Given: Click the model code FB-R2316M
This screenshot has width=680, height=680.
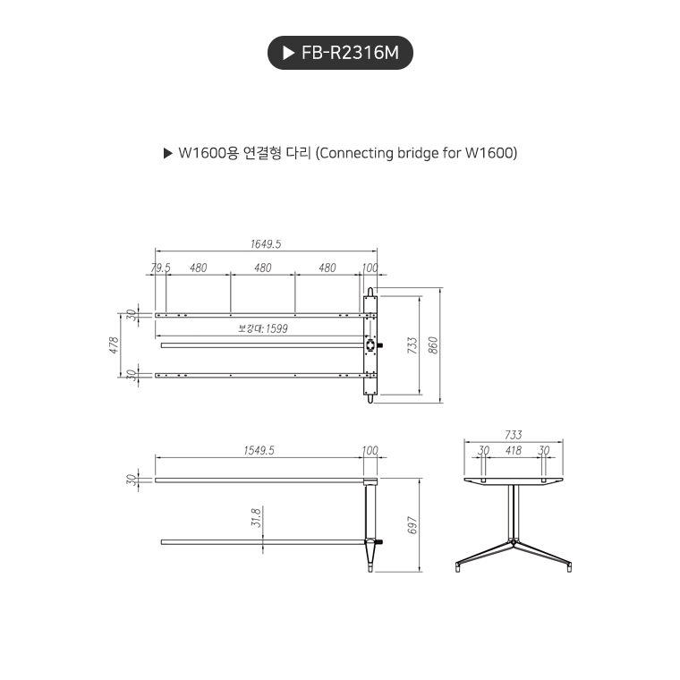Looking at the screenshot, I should pyautogui.click(x=350, y=54).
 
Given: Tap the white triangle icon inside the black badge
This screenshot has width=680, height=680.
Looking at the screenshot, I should pyautogui.click(x=288, y=54).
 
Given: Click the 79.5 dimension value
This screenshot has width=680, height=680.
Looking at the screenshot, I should pyautogui.click(x=160, y=268).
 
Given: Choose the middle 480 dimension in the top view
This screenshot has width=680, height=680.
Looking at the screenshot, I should pyautogui.click(x=262, y=268).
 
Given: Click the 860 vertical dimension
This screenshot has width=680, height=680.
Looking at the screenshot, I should pyautogui.click(x=434, y=345).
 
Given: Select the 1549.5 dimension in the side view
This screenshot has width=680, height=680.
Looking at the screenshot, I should pyautogui.click(x=259, y=450).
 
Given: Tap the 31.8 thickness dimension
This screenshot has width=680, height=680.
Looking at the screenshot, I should pyautogui.click(x=256, y=517).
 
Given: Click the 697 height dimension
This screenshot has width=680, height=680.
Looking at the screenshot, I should pyautogui.click(x=412, y=525).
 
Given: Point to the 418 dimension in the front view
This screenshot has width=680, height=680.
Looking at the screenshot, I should pyautogui.click(x=513, y=450).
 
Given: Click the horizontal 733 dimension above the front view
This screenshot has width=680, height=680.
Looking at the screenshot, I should pyautogui.click(x=513, y=435).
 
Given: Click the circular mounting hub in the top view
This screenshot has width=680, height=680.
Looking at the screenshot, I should pyautogui.click(x=371, y=345).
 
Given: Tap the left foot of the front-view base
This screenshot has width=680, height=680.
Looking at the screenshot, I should pyautogui.click(x=459, y=565).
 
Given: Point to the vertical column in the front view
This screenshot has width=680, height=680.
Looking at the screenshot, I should pyautogui.click(x=514, y=512).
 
